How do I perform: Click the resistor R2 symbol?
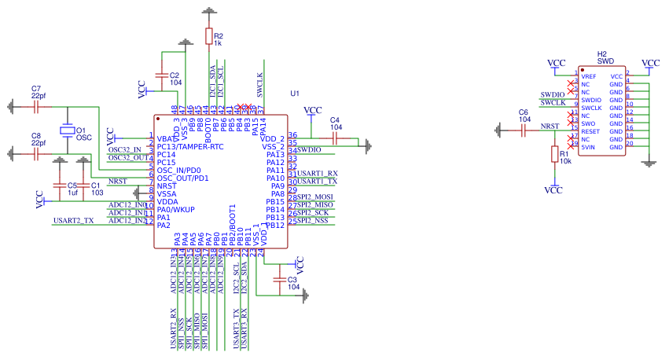(208, 36)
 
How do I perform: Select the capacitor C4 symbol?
(336, 138)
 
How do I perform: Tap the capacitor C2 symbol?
(162, 75)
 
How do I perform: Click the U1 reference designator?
(296, 94)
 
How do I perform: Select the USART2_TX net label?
(73, 221)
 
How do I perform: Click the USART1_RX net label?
(318, 173)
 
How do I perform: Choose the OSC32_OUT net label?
(127, 157)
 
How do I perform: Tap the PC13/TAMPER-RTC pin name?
(189, 146)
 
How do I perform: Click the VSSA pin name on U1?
(167, 193)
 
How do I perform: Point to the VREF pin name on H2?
(589, 76)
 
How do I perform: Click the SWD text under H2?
(605, 61)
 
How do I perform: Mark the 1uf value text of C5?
(72, 193)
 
